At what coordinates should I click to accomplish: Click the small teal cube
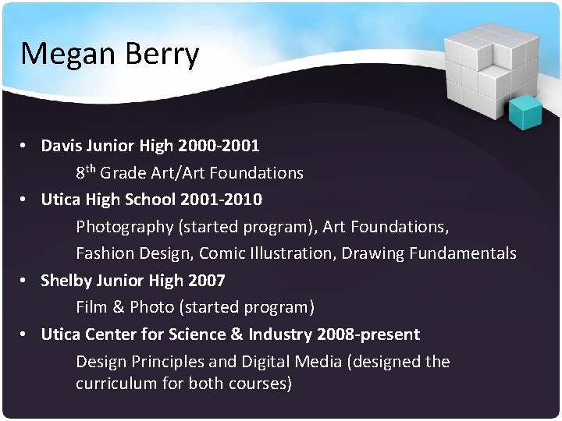click(525, 113)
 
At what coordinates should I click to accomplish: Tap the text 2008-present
click(368, 334)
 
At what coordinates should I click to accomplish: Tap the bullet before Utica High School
click(26, 200)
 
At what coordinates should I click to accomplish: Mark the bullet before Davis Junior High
click(26, 146)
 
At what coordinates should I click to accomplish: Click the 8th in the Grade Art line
click(85, 171)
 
